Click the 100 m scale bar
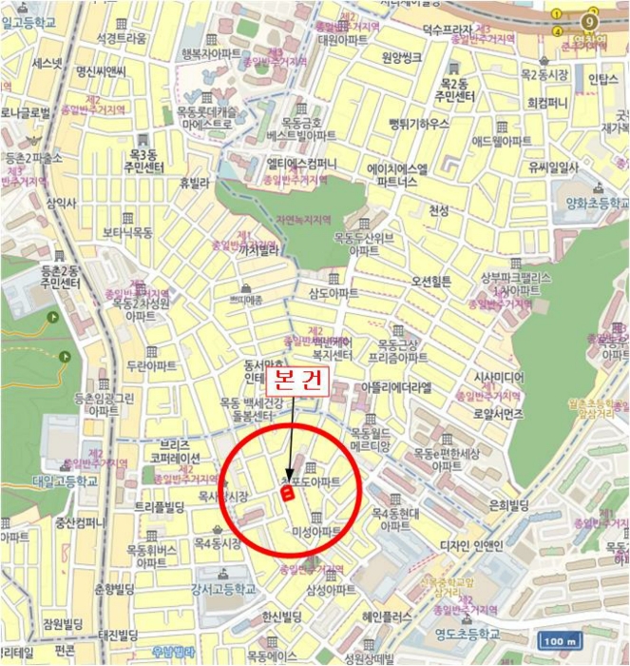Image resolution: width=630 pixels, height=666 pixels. [x=562, y=641]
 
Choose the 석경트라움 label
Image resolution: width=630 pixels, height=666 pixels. [x=121, y=39]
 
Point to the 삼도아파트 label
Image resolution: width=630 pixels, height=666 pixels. [x=334, y=293]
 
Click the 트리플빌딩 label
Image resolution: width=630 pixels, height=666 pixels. [x=159, y=507]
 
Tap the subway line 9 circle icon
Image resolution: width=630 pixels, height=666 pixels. [x=590, y=21]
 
